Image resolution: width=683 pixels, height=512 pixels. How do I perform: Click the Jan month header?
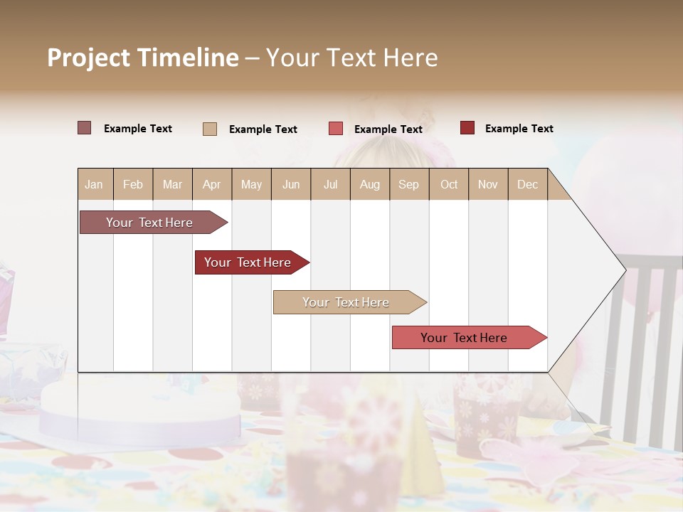click(94, 184)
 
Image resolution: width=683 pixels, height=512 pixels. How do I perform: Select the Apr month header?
click(211, 184)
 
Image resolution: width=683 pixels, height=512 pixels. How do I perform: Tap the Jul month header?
click(330, 184)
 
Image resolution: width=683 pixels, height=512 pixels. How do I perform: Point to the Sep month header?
click(408, 184)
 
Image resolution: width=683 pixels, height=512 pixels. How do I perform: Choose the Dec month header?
click(527, 184)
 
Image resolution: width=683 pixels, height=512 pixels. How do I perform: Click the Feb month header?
click(133, 184)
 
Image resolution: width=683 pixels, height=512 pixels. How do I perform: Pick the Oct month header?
click(449, 184)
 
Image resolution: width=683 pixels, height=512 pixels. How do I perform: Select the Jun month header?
click(291, 184)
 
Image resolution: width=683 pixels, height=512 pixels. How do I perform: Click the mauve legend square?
click(84, 128)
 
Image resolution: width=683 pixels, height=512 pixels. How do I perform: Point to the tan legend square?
click(210, 129)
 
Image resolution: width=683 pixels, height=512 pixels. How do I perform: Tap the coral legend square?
click(336, 129)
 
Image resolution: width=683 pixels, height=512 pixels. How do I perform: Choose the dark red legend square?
click(467, 128)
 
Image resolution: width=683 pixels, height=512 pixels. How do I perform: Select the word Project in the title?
click(88, 58)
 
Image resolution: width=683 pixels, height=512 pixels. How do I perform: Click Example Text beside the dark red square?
click(519, 129)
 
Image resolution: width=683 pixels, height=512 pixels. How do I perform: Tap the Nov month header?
click(488, 184)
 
